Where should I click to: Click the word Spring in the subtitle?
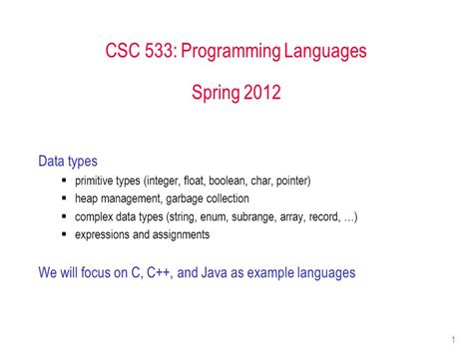coord(213,94)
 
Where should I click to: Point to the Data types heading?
coord(67,161)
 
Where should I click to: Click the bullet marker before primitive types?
coord(65,181)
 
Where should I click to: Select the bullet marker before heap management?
coord(65,199)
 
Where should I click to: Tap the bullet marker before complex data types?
coord(65,217)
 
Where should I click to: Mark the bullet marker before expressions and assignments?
coord(65,235)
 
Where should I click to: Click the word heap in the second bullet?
coord(88,199)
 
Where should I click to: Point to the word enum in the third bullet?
coord(205,217)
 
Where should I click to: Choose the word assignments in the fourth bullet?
coord(179,235)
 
